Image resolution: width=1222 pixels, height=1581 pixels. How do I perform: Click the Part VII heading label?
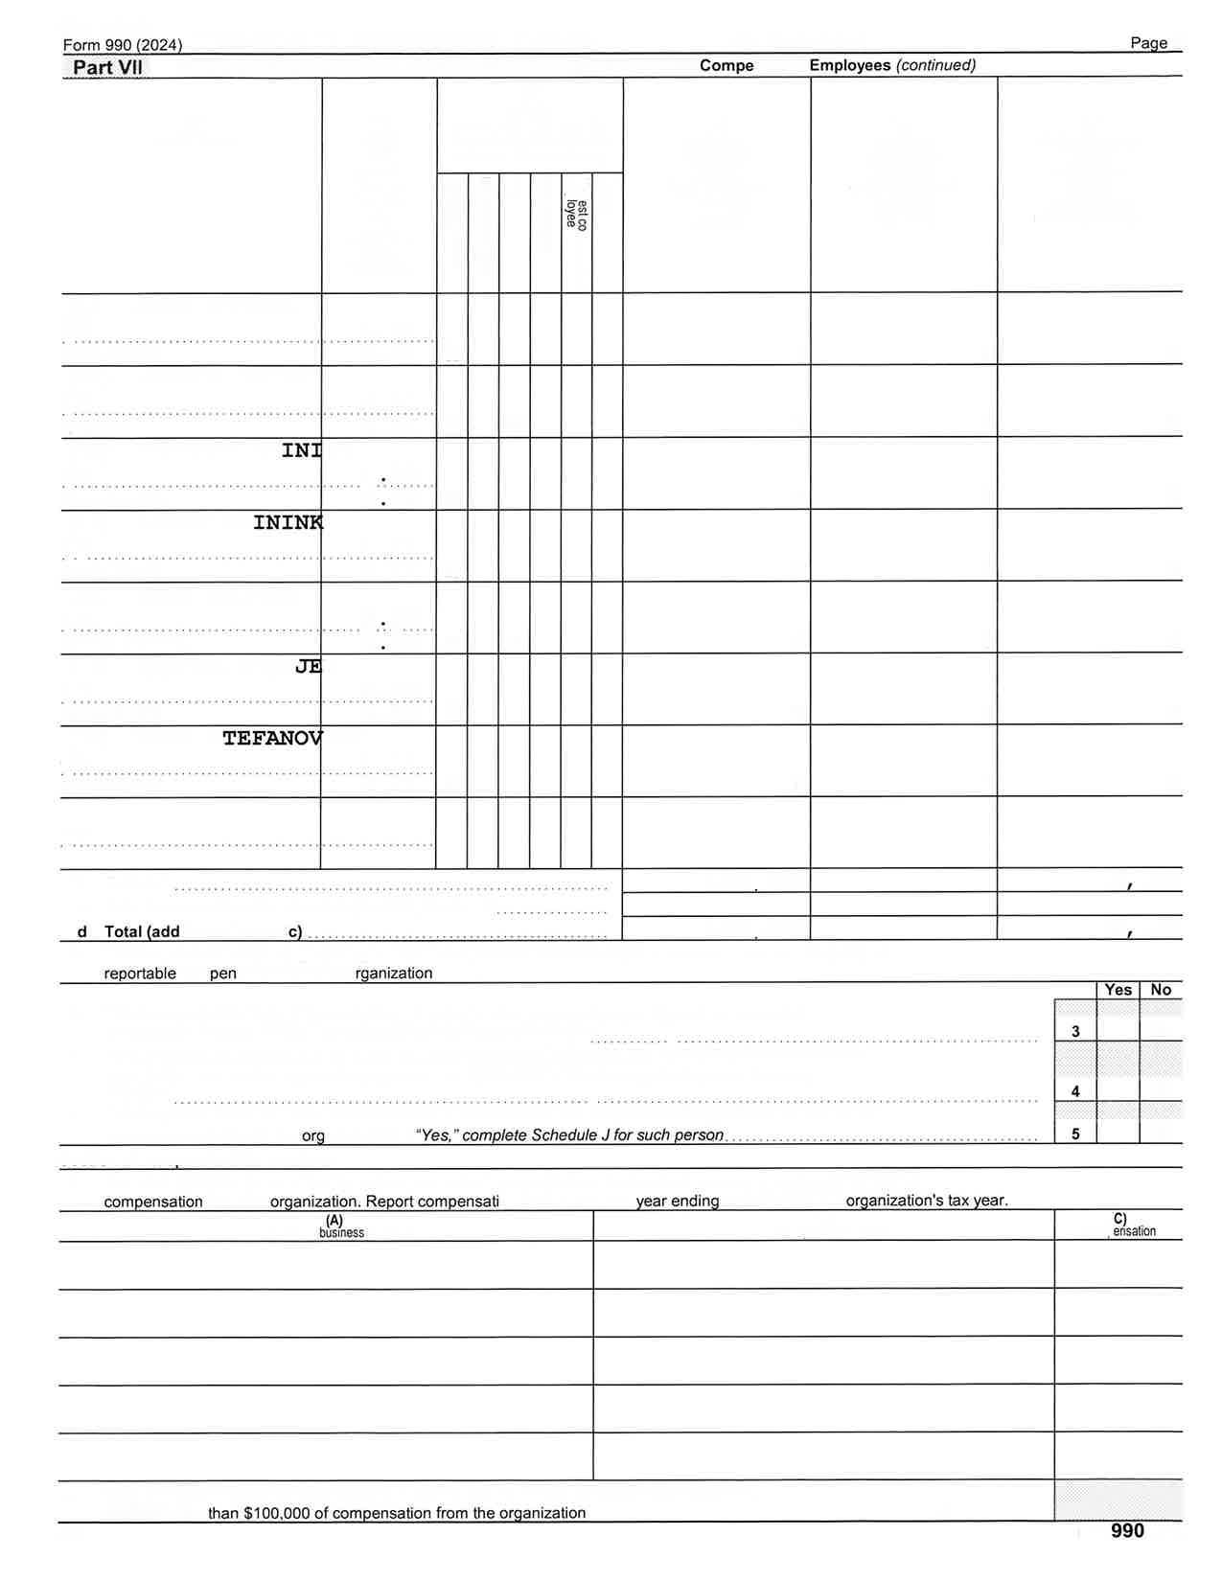click(x=107, y=67)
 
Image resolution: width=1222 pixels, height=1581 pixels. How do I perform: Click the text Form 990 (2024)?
click(x=123, y=45)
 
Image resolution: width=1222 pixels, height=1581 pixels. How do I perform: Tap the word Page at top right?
click(x=1148, y=43)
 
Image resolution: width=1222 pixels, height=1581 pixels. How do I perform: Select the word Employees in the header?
click(x=850, y=65)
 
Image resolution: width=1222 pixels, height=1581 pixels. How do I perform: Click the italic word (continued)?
click(x=935, y=65)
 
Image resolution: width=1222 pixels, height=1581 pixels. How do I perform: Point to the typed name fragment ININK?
click(x=288, y=522)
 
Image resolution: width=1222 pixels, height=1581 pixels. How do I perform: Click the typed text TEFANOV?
click(x=272, y=738)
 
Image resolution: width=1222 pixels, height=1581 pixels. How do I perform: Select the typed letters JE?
click(x=308, y=666)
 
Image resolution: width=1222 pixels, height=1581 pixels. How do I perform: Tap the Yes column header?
click(x=1118, y=990)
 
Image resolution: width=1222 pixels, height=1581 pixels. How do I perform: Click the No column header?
click(x=1161, y=990)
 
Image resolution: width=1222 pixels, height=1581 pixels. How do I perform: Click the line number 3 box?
click(x=1075, y=1032)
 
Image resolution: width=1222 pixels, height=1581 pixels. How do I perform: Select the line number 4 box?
click(x=1075, y=1091)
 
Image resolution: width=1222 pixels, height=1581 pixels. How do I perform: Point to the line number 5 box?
click(x=1075, y=1134)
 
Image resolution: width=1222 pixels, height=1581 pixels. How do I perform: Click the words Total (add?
click(x=142, y=931)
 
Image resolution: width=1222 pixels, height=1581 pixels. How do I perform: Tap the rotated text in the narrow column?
click(x=576, y=215)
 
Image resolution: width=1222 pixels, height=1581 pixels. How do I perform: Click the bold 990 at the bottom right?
click(x=1127, y=1531)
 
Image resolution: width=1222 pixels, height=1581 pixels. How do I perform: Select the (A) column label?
click(x=334, y=1220)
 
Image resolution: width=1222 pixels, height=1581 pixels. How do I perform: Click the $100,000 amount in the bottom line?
click(x=276, y=1513)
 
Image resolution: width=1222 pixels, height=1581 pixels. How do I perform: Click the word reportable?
click(x=140, y=974)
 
